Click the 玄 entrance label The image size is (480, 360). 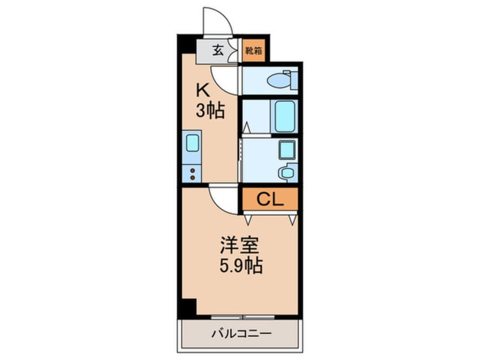point(218,50)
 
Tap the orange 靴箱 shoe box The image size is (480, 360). point(254,50)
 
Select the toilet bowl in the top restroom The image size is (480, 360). point(279,81)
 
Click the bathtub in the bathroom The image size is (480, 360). point(285,116)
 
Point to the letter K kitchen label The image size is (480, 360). point(203,90)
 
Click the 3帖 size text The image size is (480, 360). point(210,111)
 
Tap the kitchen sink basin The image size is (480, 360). point(192,143)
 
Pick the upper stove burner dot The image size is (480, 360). point(193,170)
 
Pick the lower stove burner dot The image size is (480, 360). point(193,177)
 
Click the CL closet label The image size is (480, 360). point(270,199)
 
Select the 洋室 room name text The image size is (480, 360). point(239,245)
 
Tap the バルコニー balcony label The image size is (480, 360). point(242,333)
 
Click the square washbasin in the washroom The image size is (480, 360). point(287,149)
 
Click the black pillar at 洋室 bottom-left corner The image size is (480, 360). point(187,308)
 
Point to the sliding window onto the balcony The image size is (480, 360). point(243,316)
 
